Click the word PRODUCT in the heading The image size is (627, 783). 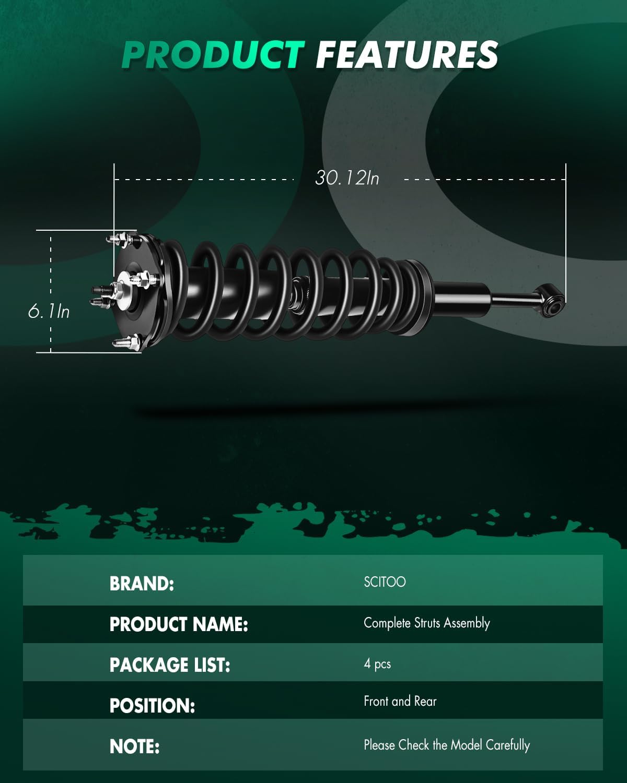tap(213, 55)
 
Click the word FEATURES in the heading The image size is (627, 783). tap(407, 55)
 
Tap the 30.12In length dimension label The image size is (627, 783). tap(347, 178)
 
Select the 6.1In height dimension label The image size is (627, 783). tap(49, 312)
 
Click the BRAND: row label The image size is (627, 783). tap(142, 584)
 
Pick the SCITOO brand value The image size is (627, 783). tap(385, 582)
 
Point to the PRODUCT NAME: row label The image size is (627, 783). tap(179, 624)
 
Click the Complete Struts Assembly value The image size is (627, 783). tap(426, 623)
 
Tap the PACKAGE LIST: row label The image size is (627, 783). tap(170, 665)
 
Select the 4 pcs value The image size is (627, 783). tap(377, 664)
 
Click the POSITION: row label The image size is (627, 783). tap(152, 706)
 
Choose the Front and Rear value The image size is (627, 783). tap(400, 701)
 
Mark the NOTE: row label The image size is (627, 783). tap(134, 746)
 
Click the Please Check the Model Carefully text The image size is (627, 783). tap(447, 745)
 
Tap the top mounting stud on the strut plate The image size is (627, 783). tap(119, 239)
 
